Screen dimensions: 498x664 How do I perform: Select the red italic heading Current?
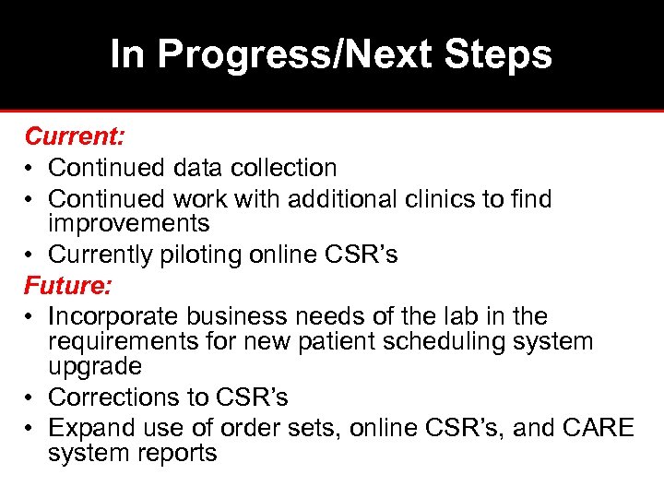(x=75, y=137)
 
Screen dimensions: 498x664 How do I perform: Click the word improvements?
(x=128, y=223)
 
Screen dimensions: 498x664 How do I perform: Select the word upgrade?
(x=95, y=367)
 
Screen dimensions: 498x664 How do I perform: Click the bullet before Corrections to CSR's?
(x=30, y=398)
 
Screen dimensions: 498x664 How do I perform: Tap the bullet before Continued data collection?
(x=30, y=169)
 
